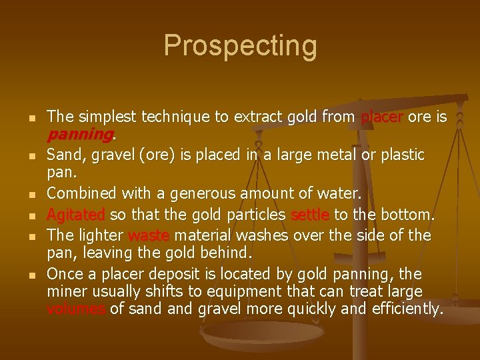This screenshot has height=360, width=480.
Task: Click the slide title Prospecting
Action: tap(240, 46)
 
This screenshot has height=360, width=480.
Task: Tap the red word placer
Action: tap(382, 117)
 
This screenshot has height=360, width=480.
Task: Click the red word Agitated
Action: tap(76, 215)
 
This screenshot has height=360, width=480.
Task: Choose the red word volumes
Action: tap(77, 309)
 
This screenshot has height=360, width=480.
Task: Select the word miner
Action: tap(65, 291)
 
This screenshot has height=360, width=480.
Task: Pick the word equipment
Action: tap(207, 291)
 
